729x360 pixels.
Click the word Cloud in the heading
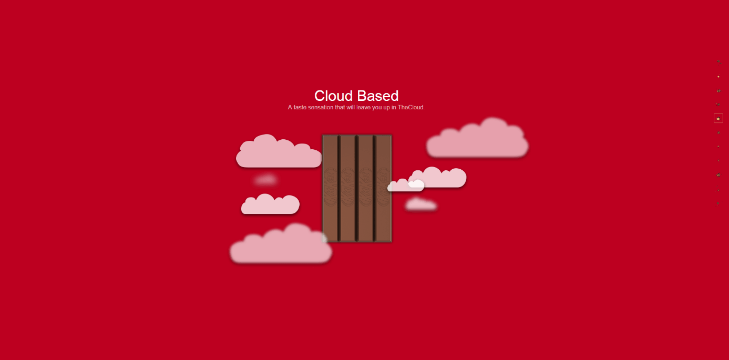click(334, 96)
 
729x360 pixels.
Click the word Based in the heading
click(378, 96)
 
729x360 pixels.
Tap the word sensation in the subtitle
click(321, 107)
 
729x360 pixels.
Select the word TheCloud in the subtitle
click(410, 107)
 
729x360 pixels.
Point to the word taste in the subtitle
click(300, 107)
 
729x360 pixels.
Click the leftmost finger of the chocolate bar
click(330, 189)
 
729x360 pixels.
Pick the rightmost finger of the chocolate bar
click(384, 189)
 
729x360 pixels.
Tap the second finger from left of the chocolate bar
click(347, 189)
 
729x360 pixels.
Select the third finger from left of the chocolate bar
click(365, 189)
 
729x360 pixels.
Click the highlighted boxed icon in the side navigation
click(718, 118)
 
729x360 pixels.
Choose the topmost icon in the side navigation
click(718, 61)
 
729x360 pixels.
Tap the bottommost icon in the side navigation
click(718, 203)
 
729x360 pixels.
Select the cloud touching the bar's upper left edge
click(279, 152)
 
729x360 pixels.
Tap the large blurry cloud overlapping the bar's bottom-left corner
click(281, 244)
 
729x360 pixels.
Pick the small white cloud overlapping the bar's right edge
click(406, 185)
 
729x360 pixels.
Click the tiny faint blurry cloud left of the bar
click(265, 179)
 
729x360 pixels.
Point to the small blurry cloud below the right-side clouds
click(420, 204)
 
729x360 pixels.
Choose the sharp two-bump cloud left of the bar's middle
click(270, 204)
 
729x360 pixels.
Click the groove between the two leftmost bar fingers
click(339, 189)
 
